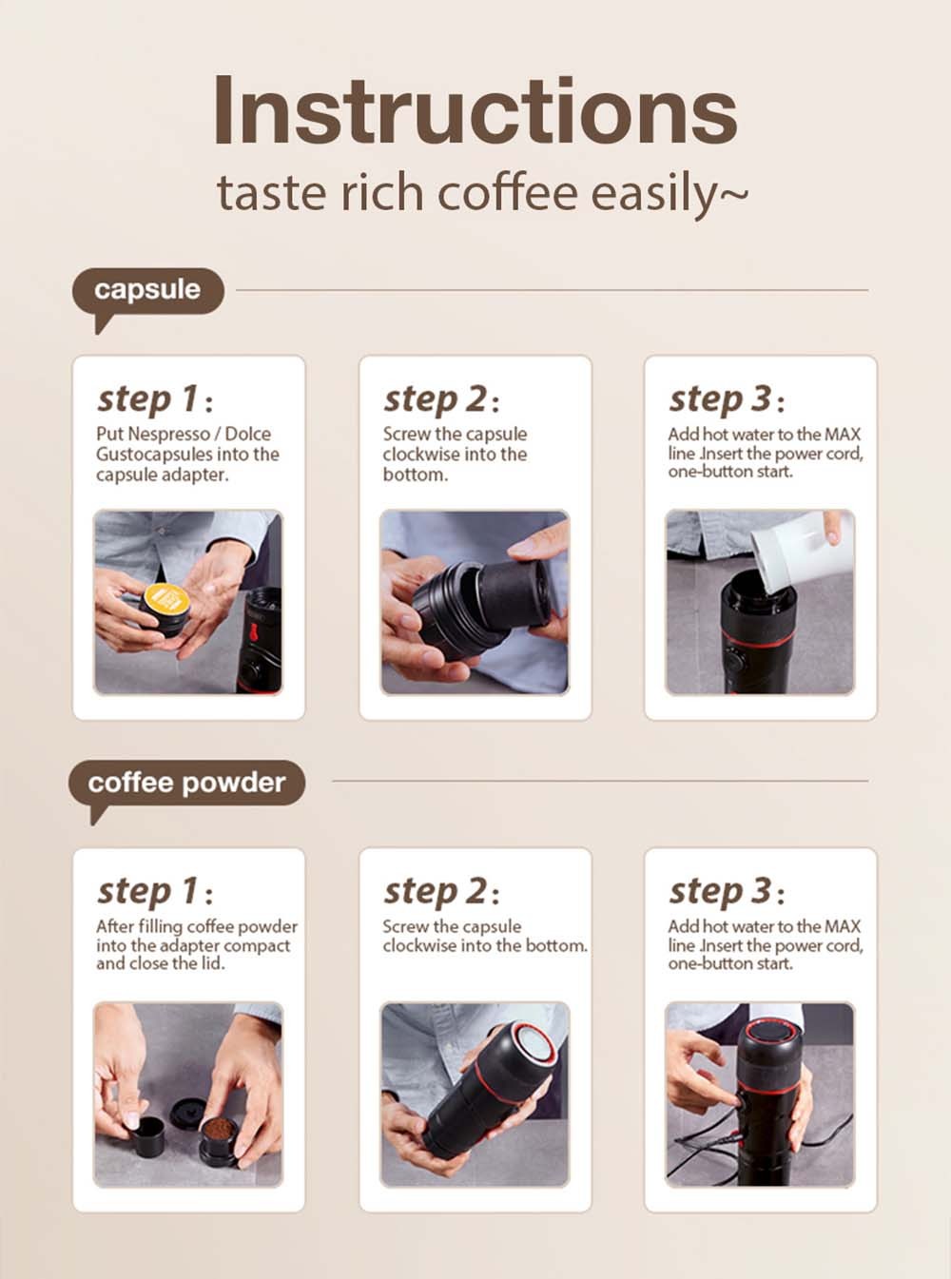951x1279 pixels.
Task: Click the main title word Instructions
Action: [475, 111]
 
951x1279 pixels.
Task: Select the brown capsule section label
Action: [147, 290]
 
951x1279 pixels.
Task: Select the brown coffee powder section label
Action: [186, 783]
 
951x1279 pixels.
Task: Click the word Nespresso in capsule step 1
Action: [168, 434]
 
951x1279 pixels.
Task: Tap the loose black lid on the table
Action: [185, 1112]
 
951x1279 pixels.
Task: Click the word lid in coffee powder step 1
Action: [212, 963]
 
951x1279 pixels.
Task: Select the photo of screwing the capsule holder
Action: [475, 602]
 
